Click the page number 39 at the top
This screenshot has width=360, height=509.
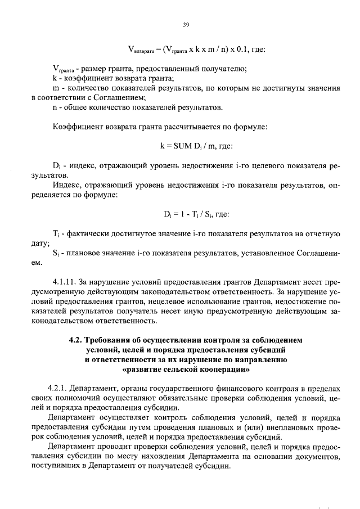[186, 24]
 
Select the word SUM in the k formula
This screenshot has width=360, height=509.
[179, 146]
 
